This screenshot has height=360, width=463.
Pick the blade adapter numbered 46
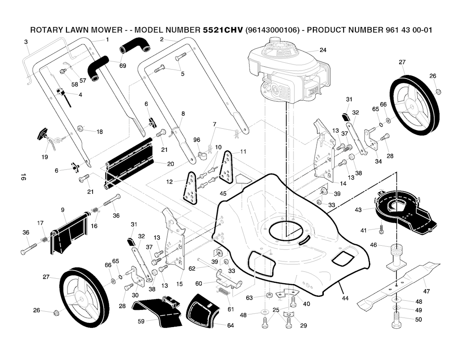coord(397,257)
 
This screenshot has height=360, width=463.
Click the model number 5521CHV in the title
coord(222,30)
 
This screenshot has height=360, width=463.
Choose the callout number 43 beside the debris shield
coord(358,210)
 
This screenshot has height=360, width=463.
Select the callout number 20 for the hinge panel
coord(170,164)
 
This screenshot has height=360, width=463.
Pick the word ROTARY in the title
coord(46,30)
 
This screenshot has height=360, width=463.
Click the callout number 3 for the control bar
coord(26,42)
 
